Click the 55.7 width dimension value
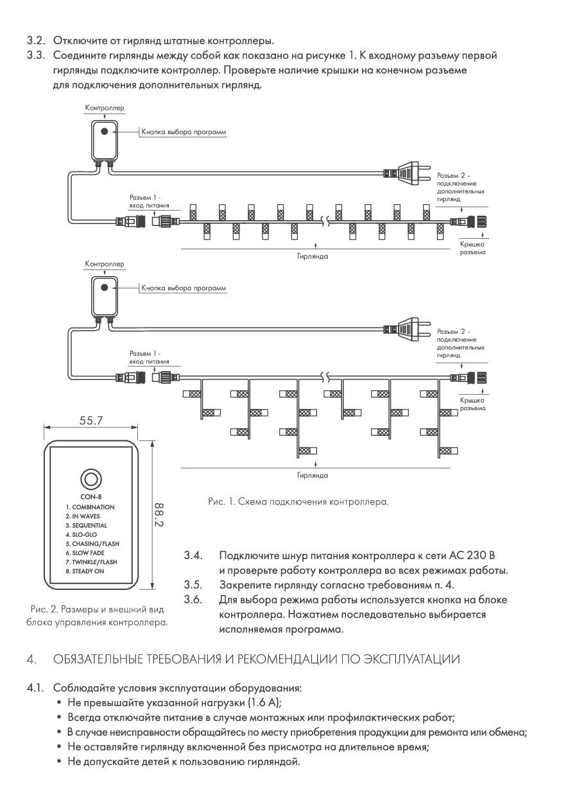tap(90, 420)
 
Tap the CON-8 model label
tap(90, 496)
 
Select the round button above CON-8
tap(90, 479)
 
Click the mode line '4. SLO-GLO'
tap(81, 534)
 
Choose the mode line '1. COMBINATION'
tap(90, 507)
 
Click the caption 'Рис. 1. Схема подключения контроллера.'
tap(298, 501)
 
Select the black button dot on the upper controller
tap(103, 131)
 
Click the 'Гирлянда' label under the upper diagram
tap(313, 255)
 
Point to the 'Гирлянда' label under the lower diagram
tap(313, 476)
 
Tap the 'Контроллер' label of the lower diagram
tap(105, 264)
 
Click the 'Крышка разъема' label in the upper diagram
tap(472, 248)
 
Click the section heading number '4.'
tap(31, 659)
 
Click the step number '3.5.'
tap(193, 584)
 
